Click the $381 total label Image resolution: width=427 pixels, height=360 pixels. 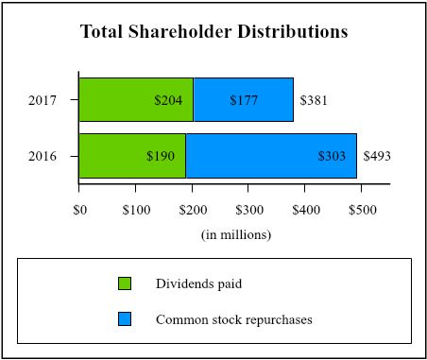(x=314, y=100)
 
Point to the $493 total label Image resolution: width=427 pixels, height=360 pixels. (x=378, y=156)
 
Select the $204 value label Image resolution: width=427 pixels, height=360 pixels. (x=168, y=100)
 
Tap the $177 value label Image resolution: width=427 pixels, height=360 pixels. (x=244, y=100)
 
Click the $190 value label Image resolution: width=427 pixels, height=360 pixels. (x=161, y=156)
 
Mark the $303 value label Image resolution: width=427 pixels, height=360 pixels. (x=332, y=156)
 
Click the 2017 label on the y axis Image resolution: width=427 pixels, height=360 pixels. (x=43, y=100)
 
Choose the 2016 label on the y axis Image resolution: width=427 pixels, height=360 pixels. (x=43, y=156)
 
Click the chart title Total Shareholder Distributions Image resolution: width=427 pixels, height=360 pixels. (x=214, y=31)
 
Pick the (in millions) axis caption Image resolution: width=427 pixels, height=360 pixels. (x=236, y=234)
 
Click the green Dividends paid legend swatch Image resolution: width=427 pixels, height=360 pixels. (x=125, y=283)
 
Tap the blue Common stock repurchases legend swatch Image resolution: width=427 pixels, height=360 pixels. (x=125, y=319)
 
